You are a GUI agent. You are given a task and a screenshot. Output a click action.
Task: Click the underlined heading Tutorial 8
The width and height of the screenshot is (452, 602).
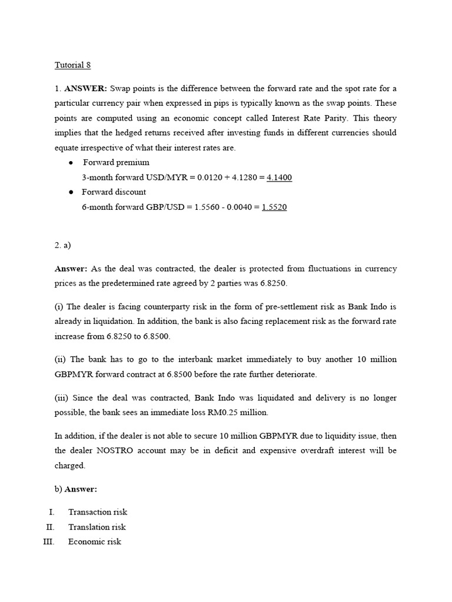click(x=72, y=65)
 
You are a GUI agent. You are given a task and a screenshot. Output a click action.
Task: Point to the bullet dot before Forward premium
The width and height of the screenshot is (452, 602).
click(x=71, y=163)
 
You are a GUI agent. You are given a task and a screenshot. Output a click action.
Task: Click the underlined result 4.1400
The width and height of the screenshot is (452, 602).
click(x=279, y=177)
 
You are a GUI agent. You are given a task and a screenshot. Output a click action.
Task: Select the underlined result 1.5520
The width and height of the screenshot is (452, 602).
click(x=274, y=207)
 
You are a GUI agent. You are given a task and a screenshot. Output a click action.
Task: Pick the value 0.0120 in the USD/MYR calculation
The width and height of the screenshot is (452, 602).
click(x=204, y=177)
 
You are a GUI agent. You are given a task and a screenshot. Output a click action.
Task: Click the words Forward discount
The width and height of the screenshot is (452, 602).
click(x=114, y=192)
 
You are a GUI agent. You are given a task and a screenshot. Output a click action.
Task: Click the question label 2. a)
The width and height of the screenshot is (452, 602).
click(x=62, y=245)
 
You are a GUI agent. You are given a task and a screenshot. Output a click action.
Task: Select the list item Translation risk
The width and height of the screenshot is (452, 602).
click(x=97, y=527)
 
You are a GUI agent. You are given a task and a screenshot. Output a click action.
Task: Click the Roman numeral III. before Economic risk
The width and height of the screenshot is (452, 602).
click(x=49, y=542)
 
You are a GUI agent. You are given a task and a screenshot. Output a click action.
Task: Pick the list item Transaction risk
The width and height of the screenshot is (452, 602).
click(x=98, y=513)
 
